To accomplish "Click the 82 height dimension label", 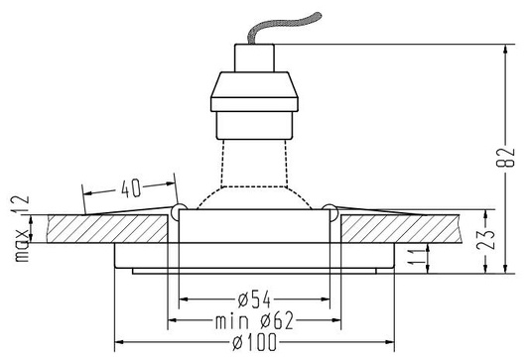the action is point(506,158).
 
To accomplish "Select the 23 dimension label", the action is point(486,239).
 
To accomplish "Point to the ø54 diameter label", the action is point(254,300).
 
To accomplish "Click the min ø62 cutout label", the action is point(254,321).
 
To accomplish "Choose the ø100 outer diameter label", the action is point(254,342).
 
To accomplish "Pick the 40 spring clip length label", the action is point(131,188).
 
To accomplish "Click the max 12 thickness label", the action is point(21,228).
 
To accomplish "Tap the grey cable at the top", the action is point(283,28).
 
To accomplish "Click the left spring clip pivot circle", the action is point(179,211).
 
